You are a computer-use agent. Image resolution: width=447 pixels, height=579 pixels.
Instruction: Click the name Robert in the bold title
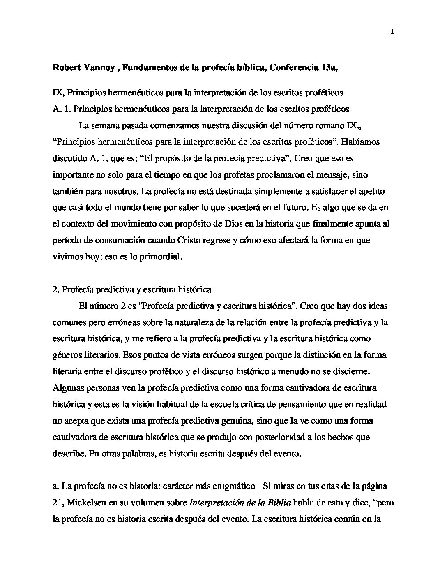[67, 68]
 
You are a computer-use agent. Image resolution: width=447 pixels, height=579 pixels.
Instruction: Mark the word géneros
[66, 355]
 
